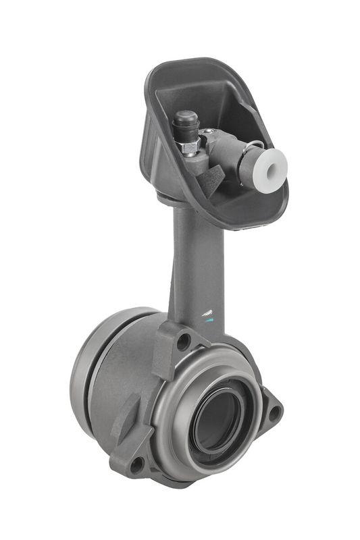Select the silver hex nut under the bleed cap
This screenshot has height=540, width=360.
click(x=190, y=146)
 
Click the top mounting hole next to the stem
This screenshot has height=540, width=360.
click(x=182, y=341)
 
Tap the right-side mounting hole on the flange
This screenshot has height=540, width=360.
click(x=274, y=411)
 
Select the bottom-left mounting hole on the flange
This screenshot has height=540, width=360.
click(x=137, y=465)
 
